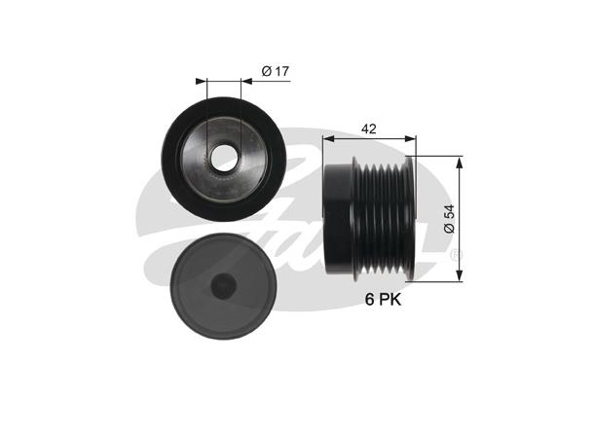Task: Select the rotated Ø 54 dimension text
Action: [447, 217]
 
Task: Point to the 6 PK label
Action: [382, 301]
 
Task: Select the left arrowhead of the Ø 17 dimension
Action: [200, 80]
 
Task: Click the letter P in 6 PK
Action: [383, 301]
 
